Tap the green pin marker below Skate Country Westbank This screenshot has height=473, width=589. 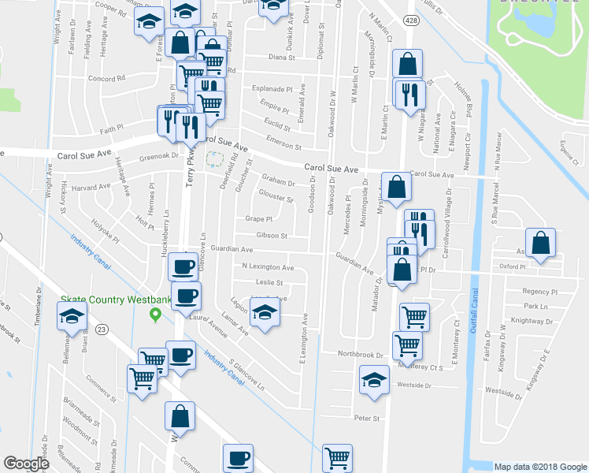coord(156,315)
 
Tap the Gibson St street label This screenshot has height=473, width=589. coord(272,235)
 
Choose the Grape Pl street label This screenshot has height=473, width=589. coord(258,219)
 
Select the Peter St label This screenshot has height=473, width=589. coord(367,418)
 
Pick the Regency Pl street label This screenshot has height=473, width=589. coord(539,291)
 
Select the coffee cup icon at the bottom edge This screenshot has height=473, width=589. coord(238,458)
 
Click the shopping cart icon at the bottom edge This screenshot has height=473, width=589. coord(338,458)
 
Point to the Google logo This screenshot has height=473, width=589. coord(27,464)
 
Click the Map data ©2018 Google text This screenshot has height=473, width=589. coord(539,467)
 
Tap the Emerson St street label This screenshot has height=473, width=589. coord(284,147)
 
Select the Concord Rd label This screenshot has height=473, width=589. coord(107,79)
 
